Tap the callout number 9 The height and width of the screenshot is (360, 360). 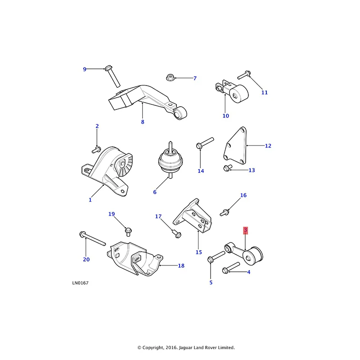pyautogui.click(x=84, y=69)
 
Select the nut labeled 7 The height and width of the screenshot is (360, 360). pyautogui.click(x=171, y=78)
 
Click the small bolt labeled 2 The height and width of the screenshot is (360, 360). pyautogui.click(x=97, y=148)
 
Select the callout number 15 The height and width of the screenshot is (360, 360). pyautogui.click(x=198, y=252)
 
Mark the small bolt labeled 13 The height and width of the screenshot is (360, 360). pyautogui.click(x=227, y=168)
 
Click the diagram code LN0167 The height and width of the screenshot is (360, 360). pyautogui.click(x=79, y=283)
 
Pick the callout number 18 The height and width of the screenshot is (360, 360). pyautogui.click(x=181, y=266)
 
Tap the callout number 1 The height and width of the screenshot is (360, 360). pyautogui.click(x=90, y=200)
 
